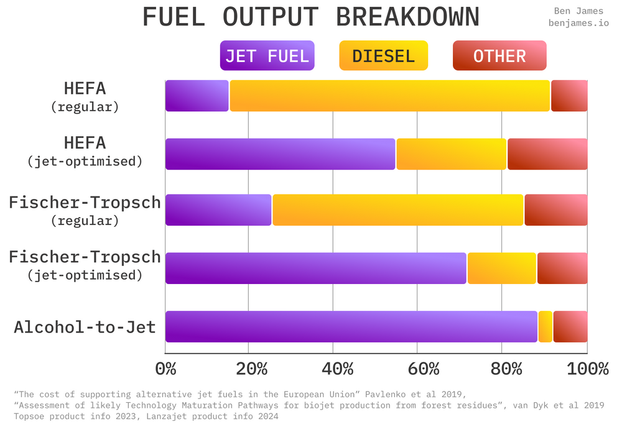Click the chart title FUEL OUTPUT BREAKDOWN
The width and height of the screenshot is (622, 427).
pos(311,17)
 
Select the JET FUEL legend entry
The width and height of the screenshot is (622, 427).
pos(267,56)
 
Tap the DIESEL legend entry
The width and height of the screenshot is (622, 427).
pos(383,56)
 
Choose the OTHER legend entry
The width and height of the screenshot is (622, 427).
pos(499,56)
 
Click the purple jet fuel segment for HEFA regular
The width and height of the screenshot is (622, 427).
pos(197,96)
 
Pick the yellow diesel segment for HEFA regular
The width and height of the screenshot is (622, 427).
pos(390,96)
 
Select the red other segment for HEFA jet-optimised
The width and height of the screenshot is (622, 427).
pos(547,154)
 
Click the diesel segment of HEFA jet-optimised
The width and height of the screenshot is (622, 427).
pos(452,154)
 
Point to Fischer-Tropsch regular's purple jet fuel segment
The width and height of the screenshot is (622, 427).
pos(218,210)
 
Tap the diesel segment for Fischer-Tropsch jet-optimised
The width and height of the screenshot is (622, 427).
pos(502,269)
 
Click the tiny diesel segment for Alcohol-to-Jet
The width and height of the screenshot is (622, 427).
pos(545,326)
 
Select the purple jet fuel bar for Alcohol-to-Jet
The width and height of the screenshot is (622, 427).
pos(351,326)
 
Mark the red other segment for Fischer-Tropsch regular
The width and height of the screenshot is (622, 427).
pos(556,210)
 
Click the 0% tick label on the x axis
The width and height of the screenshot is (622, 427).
pos(165,369)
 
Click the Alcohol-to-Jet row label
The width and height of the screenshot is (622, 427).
pos(85,327)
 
